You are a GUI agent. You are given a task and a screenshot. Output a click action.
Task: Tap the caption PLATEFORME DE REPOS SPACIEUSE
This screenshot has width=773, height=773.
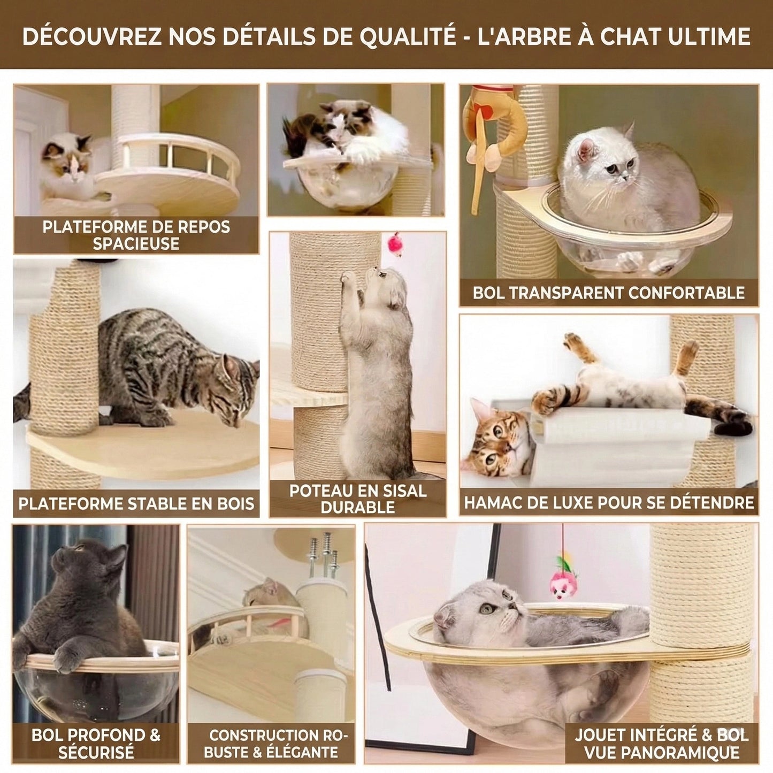(136, 234)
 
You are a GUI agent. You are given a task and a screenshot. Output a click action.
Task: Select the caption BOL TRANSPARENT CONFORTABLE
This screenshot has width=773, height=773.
(609, 293)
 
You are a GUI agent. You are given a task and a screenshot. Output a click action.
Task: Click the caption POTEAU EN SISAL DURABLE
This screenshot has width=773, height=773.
(357, 499)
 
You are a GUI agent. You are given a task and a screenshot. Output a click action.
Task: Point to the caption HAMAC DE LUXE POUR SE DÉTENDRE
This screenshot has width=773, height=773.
(609, 502)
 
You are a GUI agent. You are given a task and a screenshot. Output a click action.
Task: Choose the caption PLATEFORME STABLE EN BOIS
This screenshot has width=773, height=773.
(136, 503)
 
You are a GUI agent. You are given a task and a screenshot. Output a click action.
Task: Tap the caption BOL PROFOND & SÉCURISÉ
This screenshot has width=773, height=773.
(96, 743)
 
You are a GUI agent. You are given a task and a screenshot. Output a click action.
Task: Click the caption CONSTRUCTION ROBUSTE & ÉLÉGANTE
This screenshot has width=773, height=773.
(271, 743)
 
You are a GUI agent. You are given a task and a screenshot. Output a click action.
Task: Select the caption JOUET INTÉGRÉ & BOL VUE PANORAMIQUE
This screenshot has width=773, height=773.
(662, 743)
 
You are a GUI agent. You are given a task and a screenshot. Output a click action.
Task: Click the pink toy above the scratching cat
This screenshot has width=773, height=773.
(396, 244)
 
